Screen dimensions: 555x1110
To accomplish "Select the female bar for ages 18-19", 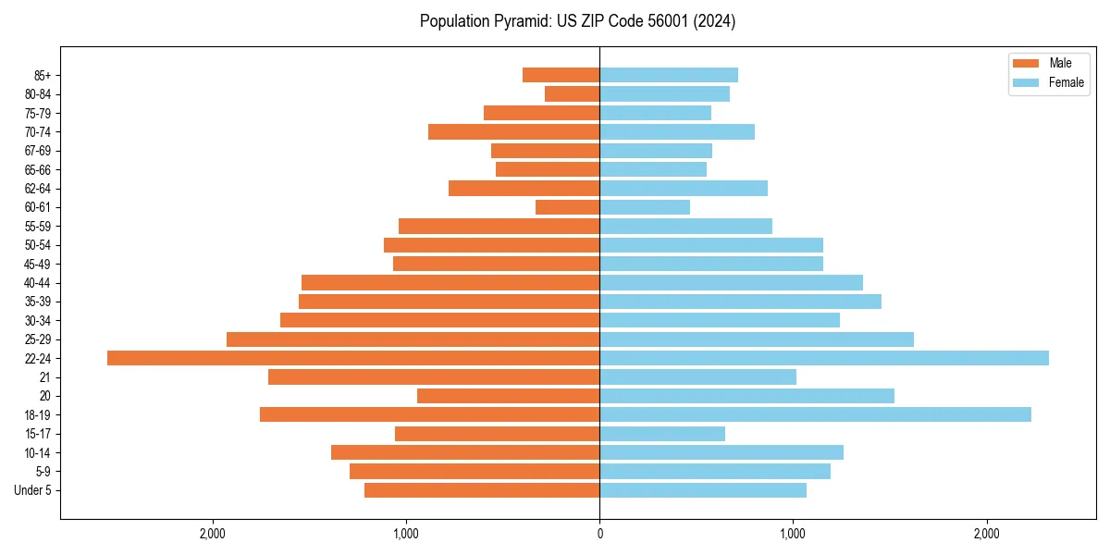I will coord(815,414).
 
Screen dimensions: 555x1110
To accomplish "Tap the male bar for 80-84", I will coord(572,93).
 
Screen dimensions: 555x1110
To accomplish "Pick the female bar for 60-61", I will coord(645,207).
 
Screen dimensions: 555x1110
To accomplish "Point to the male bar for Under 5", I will coord(482,490).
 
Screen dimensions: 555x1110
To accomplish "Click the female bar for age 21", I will coord(697,376).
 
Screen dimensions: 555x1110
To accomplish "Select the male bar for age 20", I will coord(508,396).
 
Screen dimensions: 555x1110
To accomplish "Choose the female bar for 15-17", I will coord(662,434).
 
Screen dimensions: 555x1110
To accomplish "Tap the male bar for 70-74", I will coord(513,131).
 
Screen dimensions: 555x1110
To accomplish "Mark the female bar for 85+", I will coord(669,75).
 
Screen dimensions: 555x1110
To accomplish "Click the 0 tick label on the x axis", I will coord(599,534).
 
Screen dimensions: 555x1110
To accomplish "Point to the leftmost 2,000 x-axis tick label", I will coord(213,534).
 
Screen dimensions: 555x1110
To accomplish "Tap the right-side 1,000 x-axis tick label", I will coord(793,534).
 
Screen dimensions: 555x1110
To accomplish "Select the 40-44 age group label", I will coord(37,282).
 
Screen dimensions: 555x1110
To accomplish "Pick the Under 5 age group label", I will coord(32,490).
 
